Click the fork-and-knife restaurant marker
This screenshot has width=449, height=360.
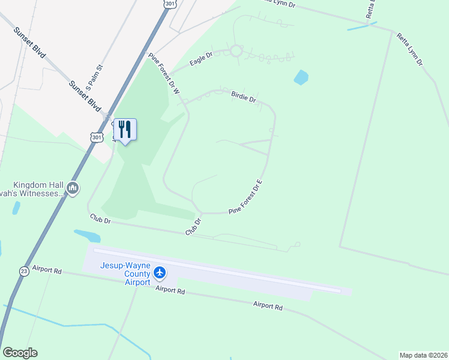125,129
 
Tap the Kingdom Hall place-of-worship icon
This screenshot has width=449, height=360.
73,188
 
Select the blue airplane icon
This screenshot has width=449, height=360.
159,273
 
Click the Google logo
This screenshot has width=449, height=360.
20,353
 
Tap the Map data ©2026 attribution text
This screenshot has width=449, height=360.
423,355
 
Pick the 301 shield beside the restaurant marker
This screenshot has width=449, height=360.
97,137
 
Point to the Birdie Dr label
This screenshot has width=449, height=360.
244,97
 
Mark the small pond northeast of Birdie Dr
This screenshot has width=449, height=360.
301,77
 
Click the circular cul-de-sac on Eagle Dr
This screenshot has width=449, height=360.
235,52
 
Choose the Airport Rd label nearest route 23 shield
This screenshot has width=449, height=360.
47,269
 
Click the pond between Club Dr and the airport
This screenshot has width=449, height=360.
87,235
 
